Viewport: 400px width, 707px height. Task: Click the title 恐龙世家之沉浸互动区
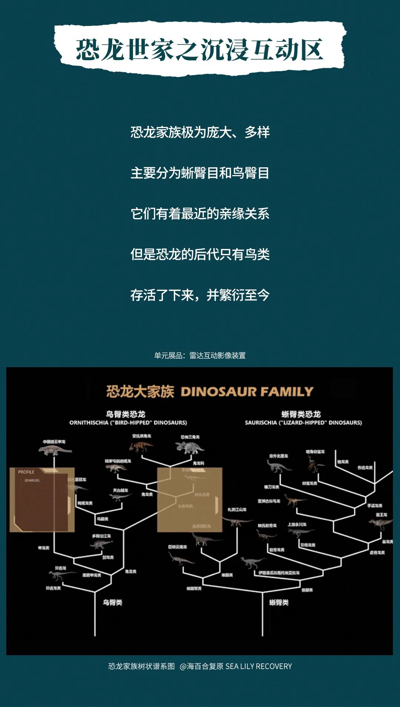pos(200,49)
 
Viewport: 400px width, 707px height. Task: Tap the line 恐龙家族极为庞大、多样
pos(200,132)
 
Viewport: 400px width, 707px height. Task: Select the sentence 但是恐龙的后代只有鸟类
pos(200,254)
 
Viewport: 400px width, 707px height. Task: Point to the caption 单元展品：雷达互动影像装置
pos(200,355)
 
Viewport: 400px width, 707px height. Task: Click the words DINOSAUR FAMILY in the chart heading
pos(247,392)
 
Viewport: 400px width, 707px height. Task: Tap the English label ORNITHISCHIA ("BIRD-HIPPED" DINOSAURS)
pos(128,422)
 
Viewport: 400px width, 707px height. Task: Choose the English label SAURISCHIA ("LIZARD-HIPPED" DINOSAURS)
pos(303,422)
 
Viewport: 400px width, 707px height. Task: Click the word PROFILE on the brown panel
pos(26,472)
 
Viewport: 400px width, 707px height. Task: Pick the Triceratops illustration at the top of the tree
pos(190,448)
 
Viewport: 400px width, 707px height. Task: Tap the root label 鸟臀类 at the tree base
pos(112,603)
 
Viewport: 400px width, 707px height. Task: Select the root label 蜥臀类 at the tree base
pos(279,603)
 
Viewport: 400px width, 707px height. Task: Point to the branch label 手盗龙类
pos(374,506)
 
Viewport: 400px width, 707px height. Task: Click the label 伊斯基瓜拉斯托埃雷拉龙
pos(279,573)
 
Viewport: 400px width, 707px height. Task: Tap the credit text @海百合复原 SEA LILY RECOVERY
pos(236,666)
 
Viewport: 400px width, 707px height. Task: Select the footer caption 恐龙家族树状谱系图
pos(141,666)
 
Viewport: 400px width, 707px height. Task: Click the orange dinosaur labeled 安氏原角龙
pos(141,446)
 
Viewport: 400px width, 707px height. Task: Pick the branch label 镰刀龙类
pos(271,487)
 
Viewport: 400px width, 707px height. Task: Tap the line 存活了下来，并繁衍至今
pos(200,295)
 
